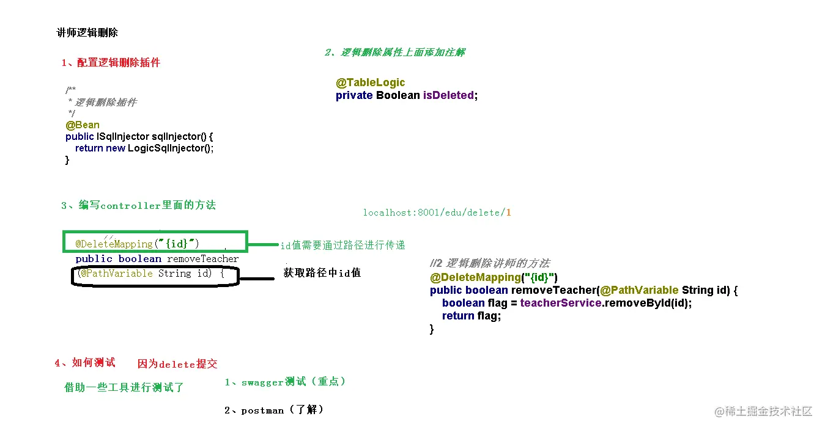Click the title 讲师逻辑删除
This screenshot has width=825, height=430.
[87, 33]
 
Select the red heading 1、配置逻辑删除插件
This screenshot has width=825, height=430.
[111, 63]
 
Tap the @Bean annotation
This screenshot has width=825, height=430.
[83, 125]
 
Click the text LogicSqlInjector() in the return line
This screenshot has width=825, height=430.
[171, 148]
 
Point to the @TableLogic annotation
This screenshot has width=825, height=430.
[370, 82]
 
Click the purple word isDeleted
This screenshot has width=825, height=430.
[448, 95]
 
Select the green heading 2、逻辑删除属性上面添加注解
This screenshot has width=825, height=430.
[394, 53]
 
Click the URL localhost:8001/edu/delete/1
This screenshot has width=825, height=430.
[437, 213]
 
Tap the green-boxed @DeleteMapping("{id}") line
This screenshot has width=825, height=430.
[137, 244]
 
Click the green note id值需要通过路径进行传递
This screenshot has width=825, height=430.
[342, 245]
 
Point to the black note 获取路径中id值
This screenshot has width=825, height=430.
[322, 272]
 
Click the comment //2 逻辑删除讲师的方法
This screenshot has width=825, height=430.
[490, 263]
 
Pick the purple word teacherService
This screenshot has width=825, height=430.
[561, 303]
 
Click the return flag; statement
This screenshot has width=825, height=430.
[471, 316]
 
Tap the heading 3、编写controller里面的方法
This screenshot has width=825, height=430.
[138, 205]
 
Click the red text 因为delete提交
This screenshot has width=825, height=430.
[177, 364]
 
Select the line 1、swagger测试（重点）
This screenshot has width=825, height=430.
[285, 382]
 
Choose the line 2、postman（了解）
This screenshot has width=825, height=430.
[273, 410]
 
